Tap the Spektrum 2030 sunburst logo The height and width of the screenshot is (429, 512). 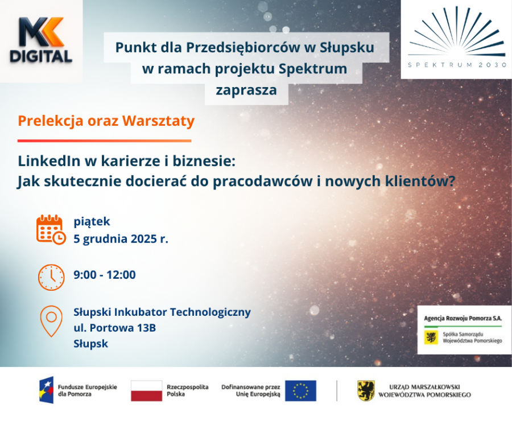pyautogui.click(x=457, y=32)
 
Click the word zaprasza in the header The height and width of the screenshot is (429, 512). pyautogui.click(x=246, y=90)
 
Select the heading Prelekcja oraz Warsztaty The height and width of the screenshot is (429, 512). pyautogui.click(x=106, y=121)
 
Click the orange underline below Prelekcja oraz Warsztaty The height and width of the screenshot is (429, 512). pyautogui.click(x=104, y=141)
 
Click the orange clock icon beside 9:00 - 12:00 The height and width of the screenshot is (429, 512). pyautogui.click(x=51, y=277)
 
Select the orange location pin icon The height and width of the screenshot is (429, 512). pyautogui.click(x=51, y=320)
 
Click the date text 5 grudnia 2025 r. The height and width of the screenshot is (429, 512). pyautogui.click(x=121, y=239)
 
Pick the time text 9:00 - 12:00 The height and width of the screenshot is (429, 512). pyautogui.click(x=105, y=275)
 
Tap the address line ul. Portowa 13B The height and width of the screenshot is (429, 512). pyautogui.click(x=114, y=328)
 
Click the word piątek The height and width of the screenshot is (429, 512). pyautogui.click(x=92, y=221)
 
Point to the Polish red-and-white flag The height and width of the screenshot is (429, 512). pyautogui.click(x=146, y=391)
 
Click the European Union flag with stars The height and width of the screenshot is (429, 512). pyautogui.click(x=300, y=391)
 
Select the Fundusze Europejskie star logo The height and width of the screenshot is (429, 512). pyautogui.click(x=47, y=390)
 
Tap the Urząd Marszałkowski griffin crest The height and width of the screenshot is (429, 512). pyautogui.click(x=366, y=390)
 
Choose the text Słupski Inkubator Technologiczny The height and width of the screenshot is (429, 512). pyautogui.click(x=162, y=312)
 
